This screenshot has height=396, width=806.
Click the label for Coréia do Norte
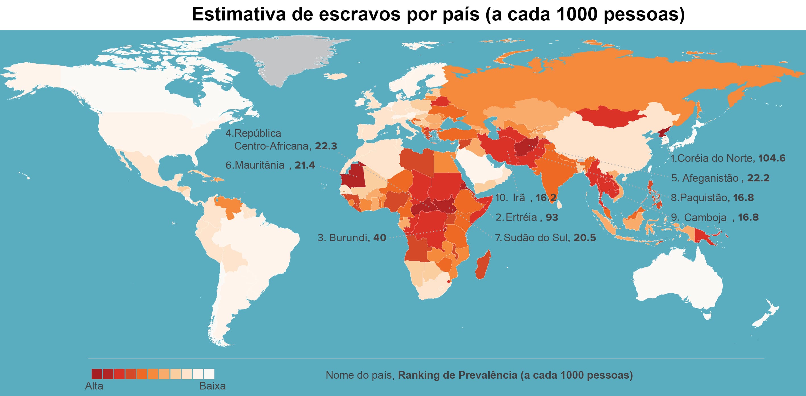tap(728, 158)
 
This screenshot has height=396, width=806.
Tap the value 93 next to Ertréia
tap(552, 217)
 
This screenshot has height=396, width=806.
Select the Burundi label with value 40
tap(352, 238)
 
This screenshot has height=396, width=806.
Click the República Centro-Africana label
tap(281, 140)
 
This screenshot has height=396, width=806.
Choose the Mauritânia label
tap(270, 165)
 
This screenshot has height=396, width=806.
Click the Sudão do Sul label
tap(545, 238)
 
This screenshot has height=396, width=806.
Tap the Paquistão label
tap(712, 198)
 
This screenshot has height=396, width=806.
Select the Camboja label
tap(715, 217)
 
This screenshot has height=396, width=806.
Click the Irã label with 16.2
tap(526, 198)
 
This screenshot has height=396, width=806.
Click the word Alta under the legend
tap(94, 386)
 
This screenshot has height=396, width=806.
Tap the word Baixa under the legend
tap(212, 386)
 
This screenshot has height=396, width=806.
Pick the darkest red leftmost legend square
tap(97, 374)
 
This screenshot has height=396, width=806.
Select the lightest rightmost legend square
tap(209, 374)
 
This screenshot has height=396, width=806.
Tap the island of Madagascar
tap(483, 266)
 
